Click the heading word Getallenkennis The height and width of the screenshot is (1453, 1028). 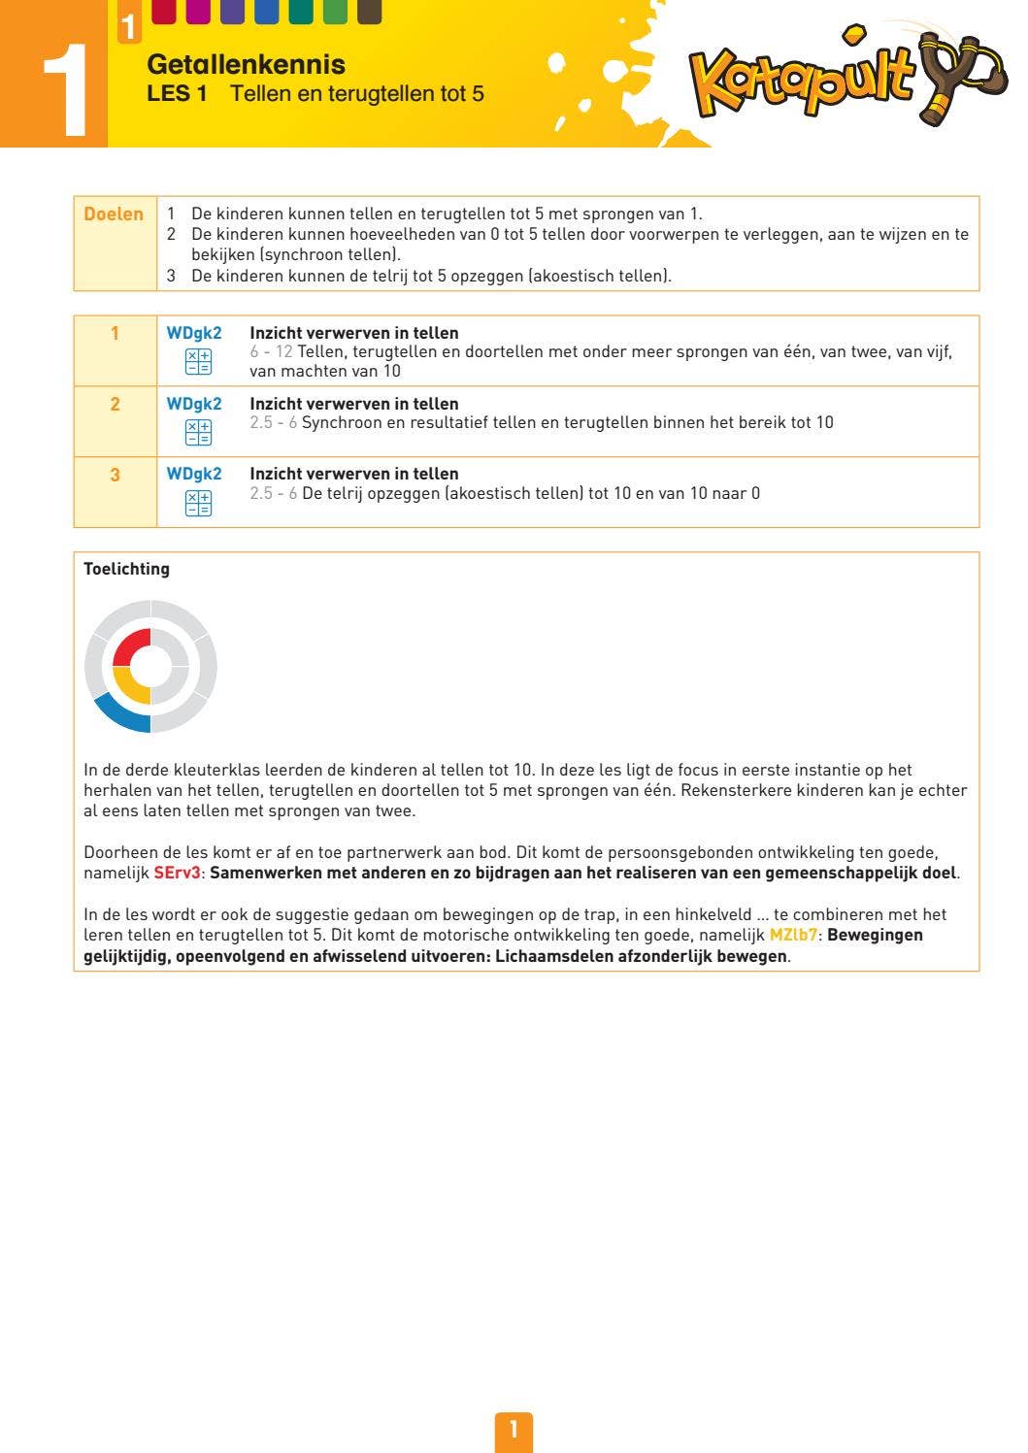tap(246, 65)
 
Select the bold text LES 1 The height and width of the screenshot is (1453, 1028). tap(177, 94)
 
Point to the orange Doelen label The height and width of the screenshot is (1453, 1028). tap(114, 215)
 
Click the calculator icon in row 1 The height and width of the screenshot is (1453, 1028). tap(198, 362)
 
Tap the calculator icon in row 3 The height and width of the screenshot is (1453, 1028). tap(198, 503)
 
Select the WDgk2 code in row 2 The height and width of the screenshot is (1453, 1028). tap(194, 404)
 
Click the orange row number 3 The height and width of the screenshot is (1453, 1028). tap(115, 475)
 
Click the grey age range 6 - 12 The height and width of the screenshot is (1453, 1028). tap(271, 351)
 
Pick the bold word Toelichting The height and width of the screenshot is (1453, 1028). tap(126, 569)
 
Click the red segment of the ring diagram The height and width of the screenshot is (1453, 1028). tap(132, 644)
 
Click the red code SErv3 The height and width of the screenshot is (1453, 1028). tap(177, 873)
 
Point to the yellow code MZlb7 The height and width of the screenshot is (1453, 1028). tap(792, 935)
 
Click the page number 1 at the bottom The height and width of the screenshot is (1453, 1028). tap(514, 1430)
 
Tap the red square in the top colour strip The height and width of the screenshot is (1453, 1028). tap(164, 11)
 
